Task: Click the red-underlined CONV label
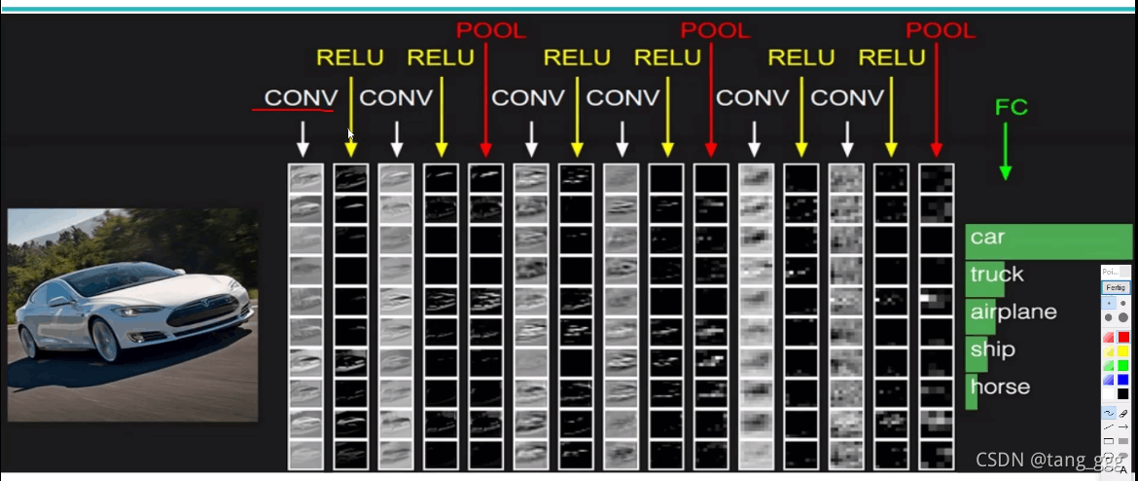tap(301, 97)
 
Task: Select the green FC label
tap(1011, 107)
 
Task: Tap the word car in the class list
tap(987, 238)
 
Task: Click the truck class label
tap(997, 275)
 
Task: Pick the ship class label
tap(992, 350)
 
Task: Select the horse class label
tap(999, 387)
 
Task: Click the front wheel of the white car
tap(105, 340)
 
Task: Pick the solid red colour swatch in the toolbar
tap(1123, 337)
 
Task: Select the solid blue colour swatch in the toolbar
tap(1123, 379)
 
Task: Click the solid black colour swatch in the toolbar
tap(1123, 393)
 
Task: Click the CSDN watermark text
tap(1047, 459)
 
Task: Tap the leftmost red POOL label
tap(490, 30)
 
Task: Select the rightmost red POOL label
tap(940, 30)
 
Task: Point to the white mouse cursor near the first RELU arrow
tap(351, 135)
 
